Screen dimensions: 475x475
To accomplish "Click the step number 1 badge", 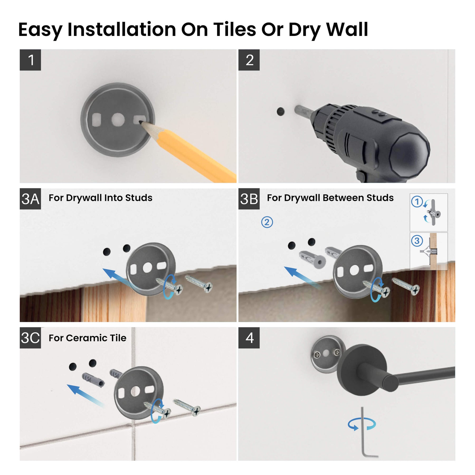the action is click(x=30, y=60).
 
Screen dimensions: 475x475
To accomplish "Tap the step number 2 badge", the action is click(x=249, y=60).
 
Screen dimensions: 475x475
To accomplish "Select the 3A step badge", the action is click(x=30, y=199).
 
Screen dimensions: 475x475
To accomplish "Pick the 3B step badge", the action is click(x=249, y=199).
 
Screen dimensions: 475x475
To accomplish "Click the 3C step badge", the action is click(x=30, y=338).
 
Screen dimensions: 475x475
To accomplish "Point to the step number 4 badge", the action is click(x=249, y=338).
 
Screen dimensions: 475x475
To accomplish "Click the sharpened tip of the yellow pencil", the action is click(x=140, y=122).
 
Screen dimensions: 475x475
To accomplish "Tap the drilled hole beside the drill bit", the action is click(x=281, y=112).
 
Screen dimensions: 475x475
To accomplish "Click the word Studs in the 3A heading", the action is click(x=139, y=198).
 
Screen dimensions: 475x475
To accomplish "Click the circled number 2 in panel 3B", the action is click(x=267, y=222).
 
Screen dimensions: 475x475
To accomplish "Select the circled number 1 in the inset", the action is click(x=417, y=202).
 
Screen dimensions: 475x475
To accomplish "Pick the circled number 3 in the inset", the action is click(x=417, y=241).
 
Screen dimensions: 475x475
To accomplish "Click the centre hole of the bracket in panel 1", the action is click(x=118, y=120).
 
